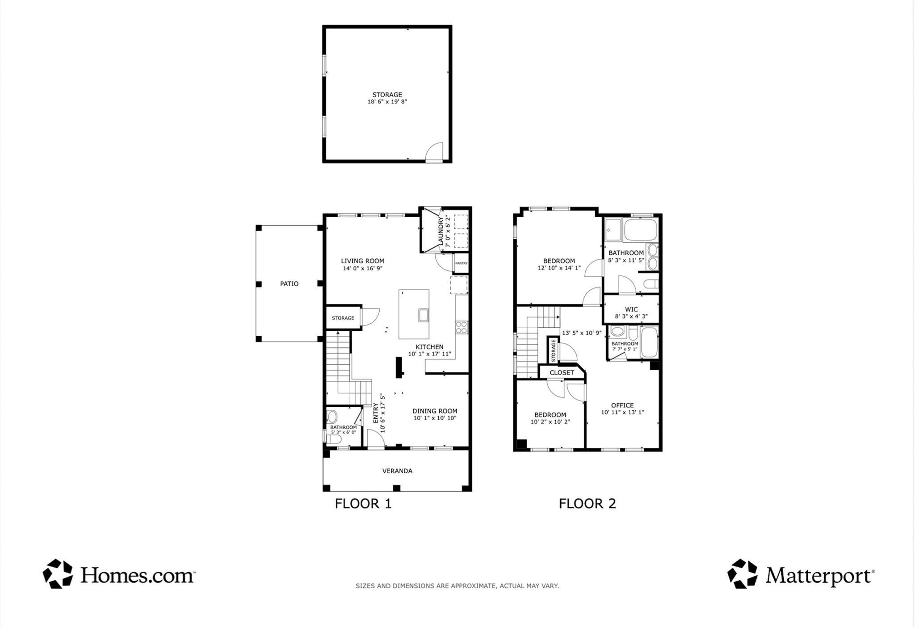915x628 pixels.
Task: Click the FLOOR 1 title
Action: point(363,504)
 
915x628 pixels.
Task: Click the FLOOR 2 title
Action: point(588,504)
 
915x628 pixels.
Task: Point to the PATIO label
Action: point(289,284)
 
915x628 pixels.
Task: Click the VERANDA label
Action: point(397,471)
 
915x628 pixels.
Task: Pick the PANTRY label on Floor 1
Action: point(462,263)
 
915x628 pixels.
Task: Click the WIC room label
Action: point(631,309)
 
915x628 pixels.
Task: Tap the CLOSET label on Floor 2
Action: point(562,372)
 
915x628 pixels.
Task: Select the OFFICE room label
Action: point(622,405)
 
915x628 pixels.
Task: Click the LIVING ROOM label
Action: point(362,261)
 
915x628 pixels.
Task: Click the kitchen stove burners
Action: point(462,327)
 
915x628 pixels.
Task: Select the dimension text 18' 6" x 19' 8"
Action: point(387,102)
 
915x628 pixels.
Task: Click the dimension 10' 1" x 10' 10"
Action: point(435,418)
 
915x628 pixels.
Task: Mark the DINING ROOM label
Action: point(435,411)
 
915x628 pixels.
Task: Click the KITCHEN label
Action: point(429,347)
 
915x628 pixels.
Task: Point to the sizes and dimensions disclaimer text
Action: point(457,586)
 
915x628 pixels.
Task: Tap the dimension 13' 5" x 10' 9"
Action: point(582,333)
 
